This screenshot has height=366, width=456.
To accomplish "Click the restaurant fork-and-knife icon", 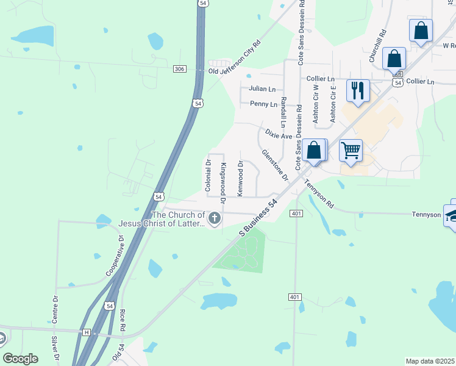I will pos(357,90).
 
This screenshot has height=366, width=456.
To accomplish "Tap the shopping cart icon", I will pos(351,149).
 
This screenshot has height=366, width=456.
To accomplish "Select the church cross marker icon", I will pos(214,218).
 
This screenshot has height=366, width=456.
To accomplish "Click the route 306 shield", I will pos(179,70).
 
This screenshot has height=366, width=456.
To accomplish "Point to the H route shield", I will pos(87,332).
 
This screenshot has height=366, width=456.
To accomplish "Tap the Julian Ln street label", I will pos(262,88).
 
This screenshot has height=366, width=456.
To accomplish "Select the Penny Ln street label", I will pos(263,104).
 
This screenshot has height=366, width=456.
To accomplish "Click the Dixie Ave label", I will pos(279,133).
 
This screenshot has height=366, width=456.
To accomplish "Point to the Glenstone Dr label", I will pos(274,165).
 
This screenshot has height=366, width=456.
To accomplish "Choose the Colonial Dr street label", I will pos(208,176).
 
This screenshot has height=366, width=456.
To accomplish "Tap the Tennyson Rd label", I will pos(319,193).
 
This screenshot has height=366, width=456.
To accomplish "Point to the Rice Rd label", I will pos(123,321).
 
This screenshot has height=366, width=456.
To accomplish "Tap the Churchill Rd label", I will pos(378,45).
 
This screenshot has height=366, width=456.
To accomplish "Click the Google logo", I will pos(21,359).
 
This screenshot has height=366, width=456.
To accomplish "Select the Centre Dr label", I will pos(54,309).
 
